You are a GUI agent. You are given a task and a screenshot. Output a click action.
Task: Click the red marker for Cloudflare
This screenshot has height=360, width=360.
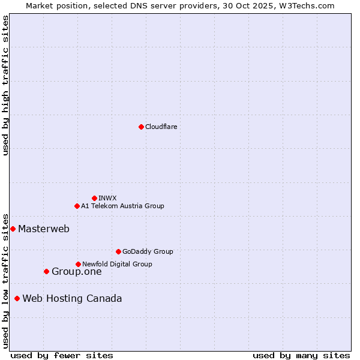tap(141, 127)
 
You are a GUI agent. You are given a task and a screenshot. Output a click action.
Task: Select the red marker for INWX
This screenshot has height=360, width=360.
tap(94, 198)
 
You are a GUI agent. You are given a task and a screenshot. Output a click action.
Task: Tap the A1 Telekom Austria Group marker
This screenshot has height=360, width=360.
tap(77, 206)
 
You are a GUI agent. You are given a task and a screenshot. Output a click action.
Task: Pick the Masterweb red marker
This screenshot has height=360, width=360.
tap(13, 229)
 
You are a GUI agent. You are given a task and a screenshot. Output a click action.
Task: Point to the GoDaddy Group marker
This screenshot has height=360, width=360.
tap(118, 251)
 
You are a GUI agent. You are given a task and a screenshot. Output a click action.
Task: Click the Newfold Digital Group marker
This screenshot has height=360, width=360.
tap(78, 264)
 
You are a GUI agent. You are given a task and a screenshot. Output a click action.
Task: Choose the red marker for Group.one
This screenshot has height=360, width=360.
tap(46, 271)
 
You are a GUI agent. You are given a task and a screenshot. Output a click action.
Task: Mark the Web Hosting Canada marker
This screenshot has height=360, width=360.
tap(17, 298)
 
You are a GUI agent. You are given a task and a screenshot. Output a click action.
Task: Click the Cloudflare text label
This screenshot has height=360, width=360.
tap(161, 127)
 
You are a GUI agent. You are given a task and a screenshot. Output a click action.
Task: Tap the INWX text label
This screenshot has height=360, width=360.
tap(107, 198)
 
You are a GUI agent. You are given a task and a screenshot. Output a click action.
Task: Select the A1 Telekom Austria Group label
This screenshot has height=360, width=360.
tap(122, 206)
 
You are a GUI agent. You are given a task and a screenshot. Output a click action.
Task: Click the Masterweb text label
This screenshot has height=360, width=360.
tap(44, 229)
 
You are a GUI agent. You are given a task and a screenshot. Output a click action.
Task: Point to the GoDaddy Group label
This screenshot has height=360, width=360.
tap(148, 251)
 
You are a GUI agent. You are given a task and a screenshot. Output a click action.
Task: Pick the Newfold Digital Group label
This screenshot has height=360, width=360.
tap(117, 264)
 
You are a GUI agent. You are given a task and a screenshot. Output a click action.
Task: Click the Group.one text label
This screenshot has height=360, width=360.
tap(77, 271)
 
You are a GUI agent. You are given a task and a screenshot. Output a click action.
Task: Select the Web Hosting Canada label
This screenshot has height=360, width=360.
tap(72, 298)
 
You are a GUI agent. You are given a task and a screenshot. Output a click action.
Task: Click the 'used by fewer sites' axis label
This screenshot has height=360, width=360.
tap(62, 355)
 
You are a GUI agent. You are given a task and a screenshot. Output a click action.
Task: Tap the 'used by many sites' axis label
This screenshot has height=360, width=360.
tap(301, 355)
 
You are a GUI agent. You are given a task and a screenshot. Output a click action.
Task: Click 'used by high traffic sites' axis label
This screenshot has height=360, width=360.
tap(5, 85)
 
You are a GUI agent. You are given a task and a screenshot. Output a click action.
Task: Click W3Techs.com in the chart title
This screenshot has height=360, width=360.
tap(308, 5)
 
